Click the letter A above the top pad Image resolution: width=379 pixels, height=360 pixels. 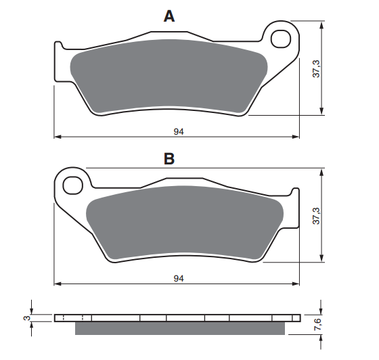(x=169, y=17)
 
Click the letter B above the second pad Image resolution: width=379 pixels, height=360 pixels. (x=169, y=159)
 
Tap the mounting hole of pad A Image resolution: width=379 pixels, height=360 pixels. (x=280, y=39)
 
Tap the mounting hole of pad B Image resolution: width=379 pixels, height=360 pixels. (x=72, y=185)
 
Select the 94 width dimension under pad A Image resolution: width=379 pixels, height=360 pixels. (x=179, y=132)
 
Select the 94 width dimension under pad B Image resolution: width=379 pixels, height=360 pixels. (x=179, y=279)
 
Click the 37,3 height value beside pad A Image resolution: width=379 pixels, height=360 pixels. (x=316, y=69)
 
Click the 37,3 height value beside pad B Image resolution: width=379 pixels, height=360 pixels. (x=316, y=216)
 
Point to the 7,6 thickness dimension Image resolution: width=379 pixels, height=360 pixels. (x=317, y=325)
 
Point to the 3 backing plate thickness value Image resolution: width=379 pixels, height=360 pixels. (x=27, y=318)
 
